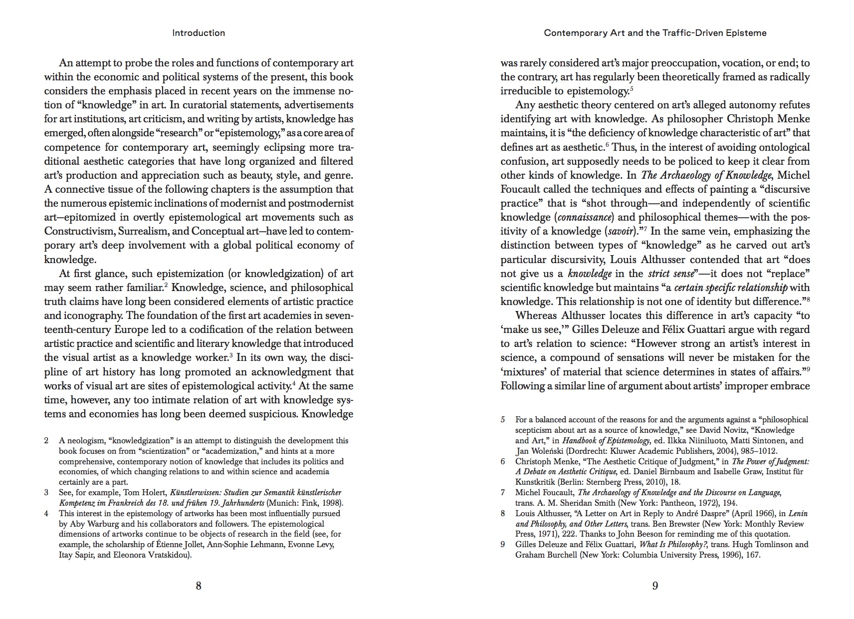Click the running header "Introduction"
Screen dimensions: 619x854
199,33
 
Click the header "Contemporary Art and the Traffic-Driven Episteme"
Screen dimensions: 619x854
655,33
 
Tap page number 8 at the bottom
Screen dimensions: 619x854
199,586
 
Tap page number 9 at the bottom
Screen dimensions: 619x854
655,586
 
